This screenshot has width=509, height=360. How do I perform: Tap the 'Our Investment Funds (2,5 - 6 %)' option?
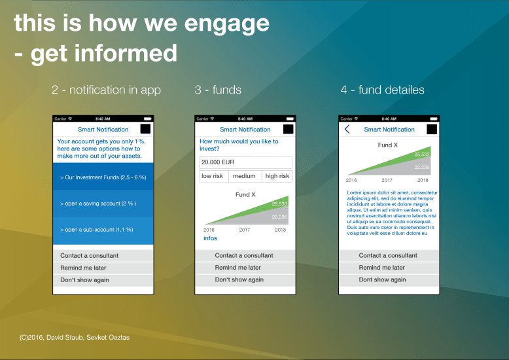103,177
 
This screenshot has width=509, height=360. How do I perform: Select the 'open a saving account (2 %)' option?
103,204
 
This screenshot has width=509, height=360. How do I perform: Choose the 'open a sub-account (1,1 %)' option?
103,230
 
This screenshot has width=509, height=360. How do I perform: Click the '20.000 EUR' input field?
245,162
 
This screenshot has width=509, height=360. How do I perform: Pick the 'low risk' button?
212,176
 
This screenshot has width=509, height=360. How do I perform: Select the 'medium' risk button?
244,176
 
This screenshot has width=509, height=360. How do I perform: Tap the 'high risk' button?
277,176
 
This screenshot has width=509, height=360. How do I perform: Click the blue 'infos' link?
210,238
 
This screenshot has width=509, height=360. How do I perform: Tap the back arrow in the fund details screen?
347,130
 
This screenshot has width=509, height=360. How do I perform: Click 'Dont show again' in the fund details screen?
388,279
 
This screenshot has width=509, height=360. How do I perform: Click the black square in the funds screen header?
289,130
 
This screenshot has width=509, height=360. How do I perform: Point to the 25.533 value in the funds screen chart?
279,204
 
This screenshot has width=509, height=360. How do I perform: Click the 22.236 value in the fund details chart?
422,167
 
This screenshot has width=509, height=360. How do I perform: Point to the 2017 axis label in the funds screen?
244,230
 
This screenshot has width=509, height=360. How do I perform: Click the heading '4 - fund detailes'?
382,90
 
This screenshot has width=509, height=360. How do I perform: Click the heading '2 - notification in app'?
106,90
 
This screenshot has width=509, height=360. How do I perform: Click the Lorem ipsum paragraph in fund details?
391,213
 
